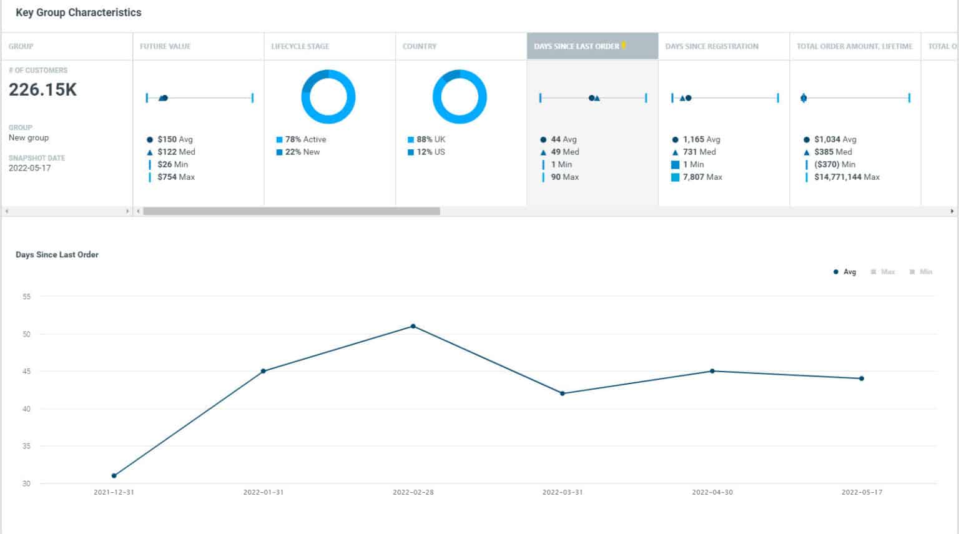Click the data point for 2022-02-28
[413, 326]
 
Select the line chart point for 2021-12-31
[114, 476]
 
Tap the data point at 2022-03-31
[563, 393]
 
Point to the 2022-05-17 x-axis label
[862, 492]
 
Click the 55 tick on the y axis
[26, 297]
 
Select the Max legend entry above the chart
[883, 272]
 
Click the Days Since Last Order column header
[577, 46]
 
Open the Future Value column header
[165, 46]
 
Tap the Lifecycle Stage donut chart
[328, 97]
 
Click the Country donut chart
[460, 97]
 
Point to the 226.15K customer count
[42, 90]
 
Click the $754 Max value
[176, 177]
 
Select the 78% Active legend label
[305, 139]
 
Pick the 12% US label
[431, 152]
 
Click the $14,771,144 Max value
[847, 177]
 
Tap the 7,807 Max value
[702, 177]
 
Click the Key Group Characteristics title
[79, 12]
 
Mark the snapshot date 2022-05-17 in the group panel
[30, 168]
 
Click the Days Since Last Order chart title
[57, 255]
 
